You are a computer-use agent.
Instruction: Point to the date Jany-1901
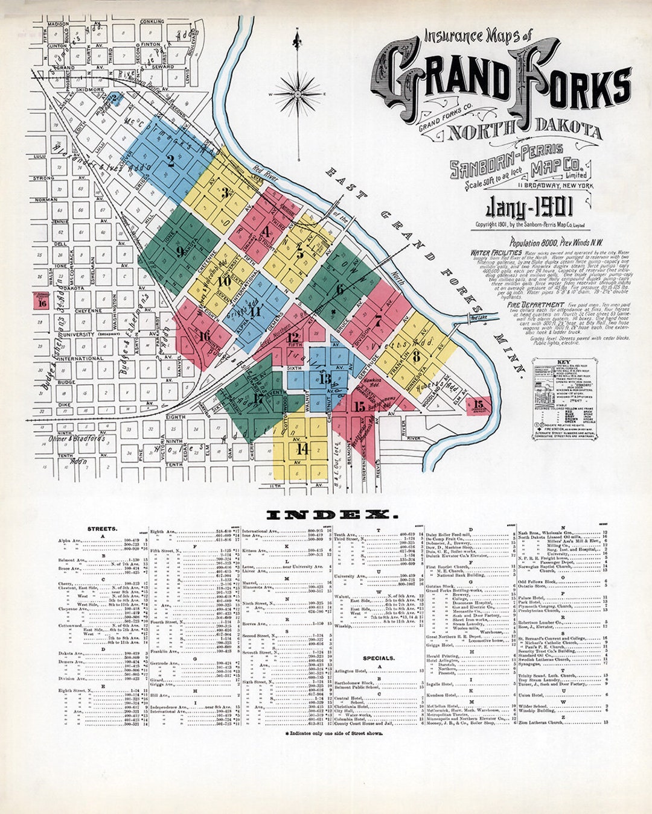click(x=529, y=209)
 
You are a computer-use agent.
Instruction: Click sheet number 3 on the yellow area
click(x=225, y=193)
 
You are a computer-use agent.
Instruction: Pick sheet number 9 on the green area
click(x=180, y=252)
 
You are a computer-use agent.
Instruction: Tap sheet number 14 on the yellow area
click(x=302, y=449)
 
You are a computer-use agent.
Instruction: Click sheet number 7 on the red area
click(x=378, y=320)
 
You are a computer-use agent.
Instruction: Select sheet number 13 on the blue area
click(x=325, y=379)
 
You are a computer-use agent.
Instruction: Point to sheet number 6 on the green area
click(x=339, y=289)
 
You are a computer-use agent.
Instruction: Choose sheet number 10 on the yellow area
click(x=225, y=281)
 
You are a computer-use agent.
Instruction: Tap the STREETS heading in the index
click(x=101, y=529)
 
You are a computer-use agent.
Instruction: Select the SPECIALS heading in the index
click(x=379, y=658)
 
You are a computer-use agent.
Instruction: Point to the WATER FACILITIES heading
click(x=496, y=253)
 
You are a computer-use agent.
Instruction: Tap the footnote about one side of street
click(x=333, y=733)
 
